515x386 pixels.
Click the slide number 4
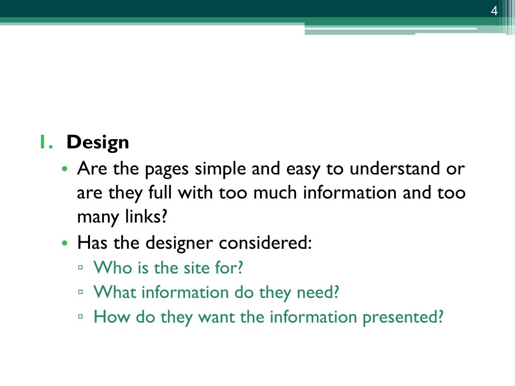[494, 11]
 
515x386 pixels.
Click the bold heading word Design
[98, 142]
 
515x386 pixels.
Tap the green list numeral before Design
[46, 142]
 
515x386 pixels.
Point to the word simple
[220, 169]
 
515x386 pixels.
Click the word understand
[394, 168]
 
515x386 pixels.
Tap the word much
[275, 192]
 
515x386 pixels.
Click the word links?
[146, 217]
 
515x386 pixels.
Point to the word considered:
[265, 243]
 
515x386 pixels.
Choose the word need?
[318, 292]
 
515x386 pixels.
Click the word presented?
[403, 318]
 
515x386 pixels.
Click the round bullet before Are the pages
[65, 169]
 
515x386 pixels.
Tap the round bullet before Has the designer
[65, 243]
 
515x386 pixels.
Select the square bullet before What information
[80, 292]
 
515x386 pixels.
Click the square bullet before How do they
[80, 317]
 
